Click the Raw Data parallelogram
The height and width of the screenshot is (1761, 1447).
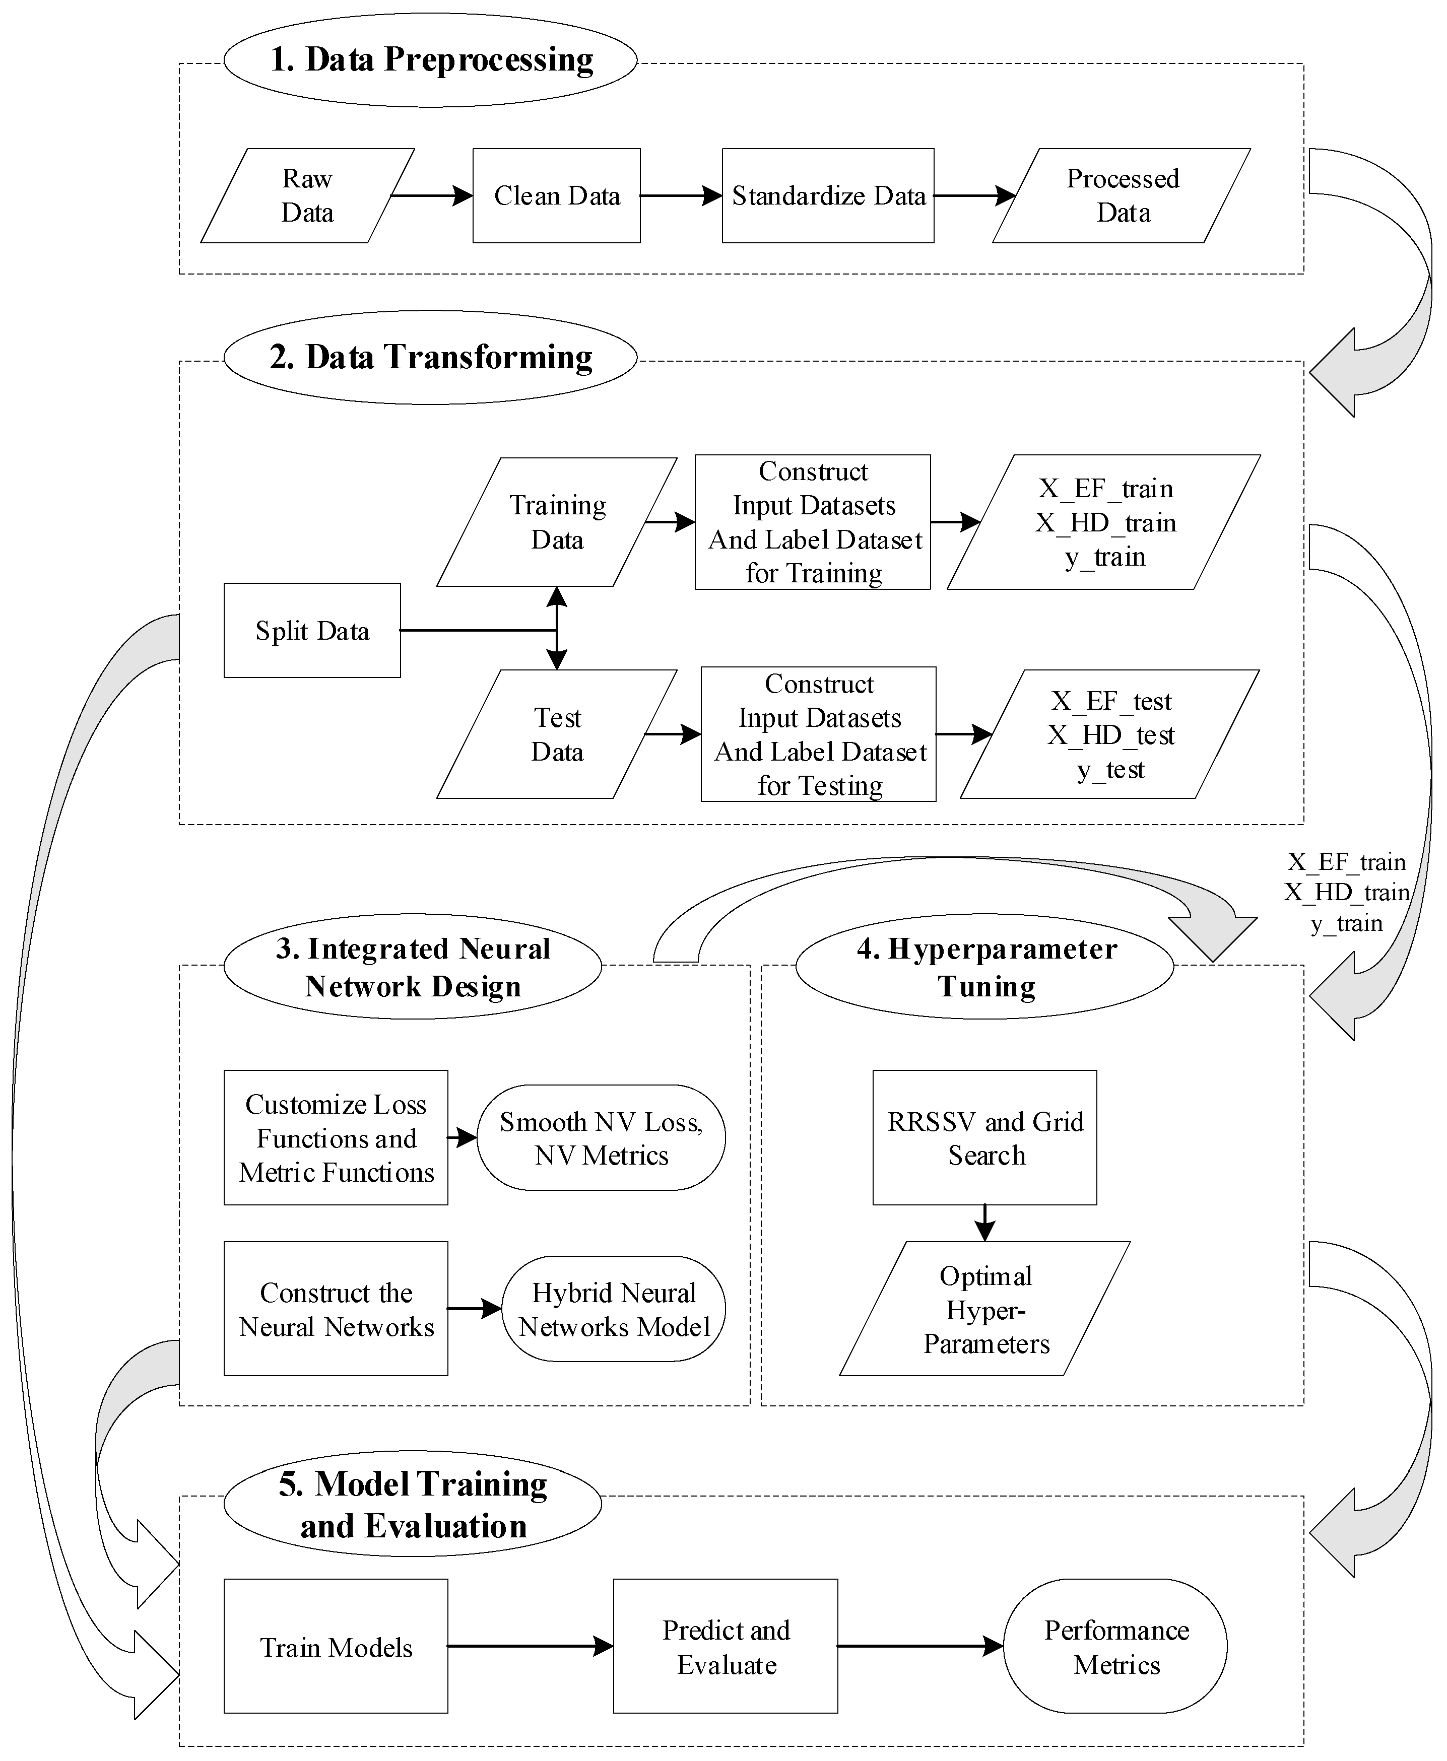point(307,196)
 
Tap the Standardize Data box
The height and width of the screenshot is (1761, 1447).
point(828,196)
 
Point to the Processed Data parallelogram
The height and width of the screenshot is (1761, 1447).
point(1122,196)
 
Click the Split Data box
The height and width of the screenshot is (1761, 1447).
point(312,631)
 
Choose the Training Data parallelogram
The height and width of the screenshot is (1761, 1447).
point(557,522)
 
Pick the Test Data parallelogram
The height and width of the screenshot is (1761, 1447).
point(557,734)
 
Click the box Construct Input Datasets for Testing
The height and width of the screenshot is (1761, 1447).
point(819,734)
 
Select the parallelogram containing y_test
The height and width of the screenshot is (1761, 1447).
point(1110,734)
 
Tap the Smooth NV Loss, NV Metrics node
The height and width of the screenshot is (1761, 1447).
point(601,1138)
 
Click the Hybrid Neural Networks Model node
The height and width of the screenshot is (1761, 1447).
point(614,1309)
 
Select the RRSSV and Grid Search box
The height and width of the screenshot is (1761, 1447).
point(984,1138)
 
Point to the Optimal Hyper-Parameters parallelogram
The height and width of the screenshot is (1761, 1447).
point(984,1309)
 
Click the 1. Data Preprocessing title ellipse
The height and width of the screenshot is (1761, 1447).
point(431,60)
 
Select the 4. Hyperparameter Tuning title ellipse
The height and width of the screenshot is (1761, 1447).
point(984,967)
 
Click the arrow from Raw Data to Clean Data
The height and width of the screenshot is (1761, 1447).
point(432,196)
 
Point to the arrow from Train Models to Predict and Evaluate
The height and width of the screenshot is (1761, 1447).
point(530,1646)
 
